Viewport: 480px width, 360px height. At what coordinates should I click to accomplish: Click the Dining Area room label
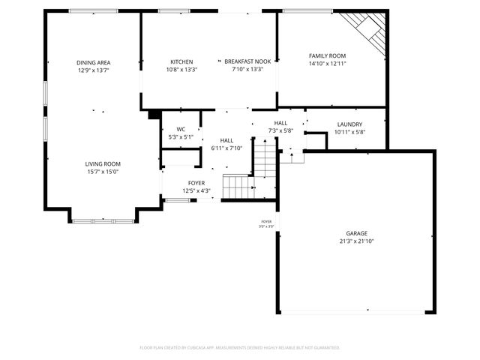click(x=93, y=62)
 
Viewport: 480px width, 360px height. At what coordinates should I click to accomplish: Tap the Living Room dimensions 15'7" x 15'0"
click(x=102, y=172)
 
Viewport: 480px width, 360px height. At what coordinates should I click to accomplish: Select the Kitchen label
click(x=181, y=61)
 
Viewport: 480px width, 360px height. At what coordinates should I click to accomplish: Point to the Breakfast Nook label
click(x=247, y=61)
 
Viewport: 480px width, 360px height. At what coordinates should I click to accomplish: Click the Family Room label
click(x=327, y=55)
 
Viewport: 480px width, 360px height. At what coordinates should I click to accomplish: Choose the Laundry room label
click(x=349, y=124)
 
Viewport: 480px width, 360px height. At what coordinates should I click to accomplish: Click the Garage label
click(x=356, y=233)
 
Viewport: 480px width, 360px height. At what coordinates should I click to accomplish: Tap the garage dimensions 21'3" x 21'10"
click(x=356, y=241)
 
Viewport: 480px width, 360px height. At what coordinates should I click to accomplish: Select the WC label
click(x=181, y=129)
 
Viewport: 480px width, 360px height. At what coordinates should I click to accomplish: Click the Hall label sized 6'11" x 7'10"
click(x=226, y=140)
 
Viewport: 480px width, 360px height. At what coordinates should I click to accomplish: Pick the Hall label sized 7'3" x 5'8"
click(x=280, y=123)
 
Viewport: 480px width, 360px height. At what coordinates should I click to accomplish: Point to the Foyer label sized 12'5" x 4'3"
click(x=196, y=182)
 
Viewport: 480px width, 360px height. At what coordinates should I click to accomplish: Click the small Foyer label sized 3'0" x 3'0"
click(x=266, y=222)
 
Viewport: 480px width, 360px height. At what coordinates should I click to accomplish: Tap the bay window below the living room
click(x=103, y=220)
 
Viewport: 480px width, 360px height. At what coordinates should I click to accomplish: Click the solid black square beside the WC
click(x=154, y=115)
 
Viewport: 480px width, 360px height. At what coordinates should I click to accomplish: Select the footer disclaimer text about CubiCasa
click(x=240, y=347)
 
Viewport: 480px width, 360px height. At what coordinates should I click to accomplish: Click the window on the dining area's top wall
click(x=93, y=10)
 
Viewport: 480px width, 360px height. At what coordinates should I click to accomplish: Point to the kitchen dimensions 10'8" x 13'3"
click(x=181, y=70)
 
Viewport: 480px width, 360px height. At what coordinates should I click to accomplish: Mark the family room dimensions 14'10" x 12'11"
click(x=327, y=64)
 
